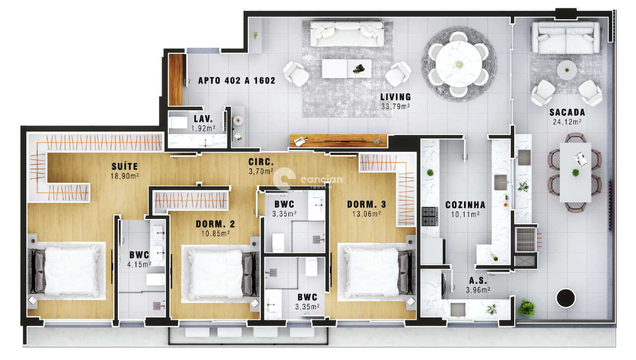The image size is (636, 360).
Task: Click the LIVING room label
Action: (396, 97)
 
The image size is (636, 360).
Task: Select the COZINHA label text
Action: (465, 205)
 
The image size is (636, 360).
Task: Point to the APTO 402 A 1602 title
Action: (237, 80)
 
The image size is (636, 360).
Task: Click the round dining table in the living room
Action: (459, 63)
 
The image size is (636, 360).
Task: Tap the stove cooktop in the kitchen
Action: (430, 216)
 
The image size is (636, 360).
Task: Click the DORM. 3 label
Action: (366, 205)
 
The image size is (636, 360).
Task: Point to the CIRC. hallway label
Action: (261, 162)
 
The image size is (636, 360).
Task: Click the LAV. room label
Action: (203, 119)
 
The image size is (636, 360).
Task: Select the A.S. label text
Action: (477, 280)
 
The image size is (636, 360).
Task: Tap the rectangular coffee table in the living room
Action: (346, 68)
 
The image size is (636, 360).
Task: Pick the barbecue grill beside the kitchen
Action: (526, 239)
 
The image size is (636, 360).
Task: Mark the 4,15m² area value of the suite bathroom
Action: (140, 265)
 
